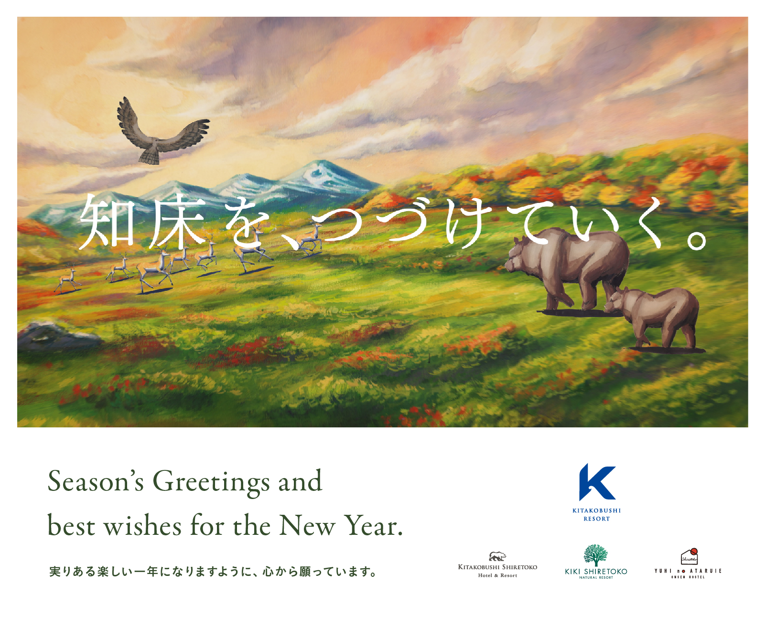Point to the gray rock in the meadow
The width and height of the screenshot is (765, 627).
click(x=58, y=336)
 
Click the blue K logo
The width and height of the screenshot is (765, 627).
click(x=597, y=482)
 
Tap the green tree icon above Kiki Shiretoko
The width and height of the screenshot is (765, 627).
click(x=595, y=555)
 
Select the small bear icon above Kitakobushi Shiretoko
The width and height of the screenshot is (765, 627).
click(x=497, y=556)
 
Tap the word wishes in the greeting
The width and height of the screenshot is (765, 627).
click(x=143, y=525)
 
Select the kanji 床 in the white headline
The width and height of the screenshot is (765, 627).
click(x=178, y=221)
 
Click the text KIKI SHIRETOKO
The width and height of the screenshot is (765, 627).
click(x=596, y=572)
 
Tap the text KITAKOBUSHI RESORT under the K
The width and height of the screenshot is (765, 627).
click(x=597, y=515)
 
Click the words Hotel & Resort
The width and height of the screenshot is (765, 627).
click(x=497, y=575)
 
